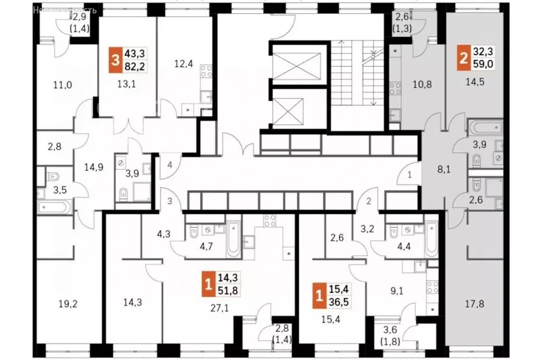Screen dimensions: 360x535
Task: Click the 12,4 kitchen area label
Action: [183, 65]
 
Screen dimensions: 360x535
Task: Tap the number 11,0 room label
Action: [62, 85]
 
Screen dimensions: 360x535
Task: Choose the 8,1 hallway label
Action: [444, 169]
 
